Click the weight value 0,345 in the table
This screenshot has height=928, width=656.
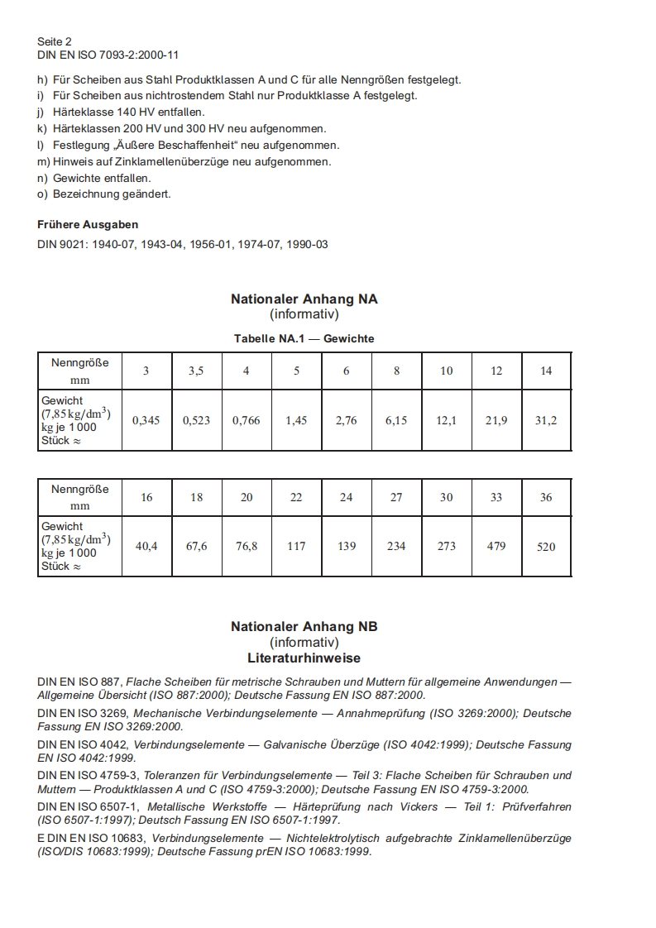146,420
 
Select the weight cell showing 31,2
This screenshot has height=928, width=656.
546,420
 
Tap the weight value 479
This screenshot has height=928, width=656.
496,546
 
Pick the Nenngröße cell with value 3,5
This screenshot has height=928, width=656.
196,371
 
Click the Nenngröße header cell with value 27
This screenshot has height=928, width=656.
396,497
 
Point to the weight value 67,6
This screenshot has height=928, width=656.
196,546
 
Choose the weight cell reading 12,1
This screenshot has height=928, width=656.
446,420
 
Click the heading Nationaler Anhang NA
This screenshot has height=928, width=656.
304,299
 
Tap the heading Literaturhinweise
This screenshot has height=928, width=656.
304,658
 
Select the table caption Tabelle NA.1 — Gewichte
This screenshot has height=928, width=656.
304,339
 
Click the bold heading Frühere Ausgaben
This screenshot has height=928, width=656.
88,224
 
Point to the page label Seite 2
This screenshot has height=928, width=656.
55,41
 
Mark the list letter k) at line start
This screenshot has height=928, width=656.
42,128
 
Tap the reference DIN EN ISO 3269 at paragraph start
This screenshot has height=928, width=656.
83,713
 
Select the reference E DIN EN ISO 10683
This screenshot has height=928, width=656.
92,838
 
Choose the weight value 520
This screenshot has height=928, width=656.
546,547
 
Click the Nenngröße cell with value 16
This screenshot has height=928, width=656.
146,497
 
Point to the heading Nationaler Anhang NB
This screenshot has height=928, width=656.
304,627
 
